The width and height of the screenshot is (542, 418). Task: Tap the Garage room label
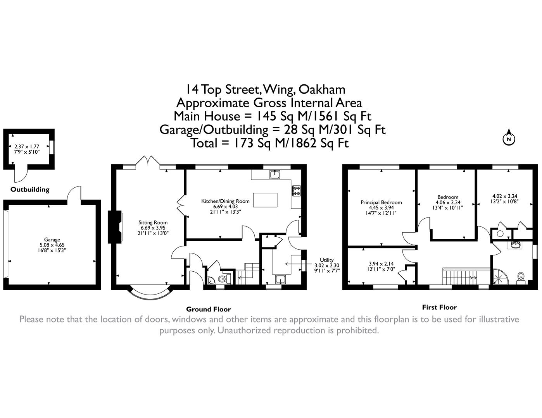[52, 240]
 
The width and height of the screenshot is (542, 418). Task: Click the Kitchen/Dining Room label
[225, 201]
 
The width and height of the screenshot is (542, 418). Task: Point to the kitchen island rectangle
[265, 200]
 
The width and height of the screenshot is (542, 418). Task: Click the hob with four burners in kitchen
[296, 190]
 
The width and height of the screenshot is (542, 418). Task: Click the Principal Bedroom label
[381, 202]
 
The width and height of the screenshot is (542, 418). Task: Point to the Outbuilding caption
[30, 190]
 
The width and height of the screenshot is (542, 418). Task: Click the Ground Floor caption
[208, 309]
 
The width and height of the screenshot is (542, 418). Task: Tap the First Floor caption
[439, 307]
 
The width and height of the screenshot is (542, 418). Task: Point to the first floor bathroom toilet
[521, 278]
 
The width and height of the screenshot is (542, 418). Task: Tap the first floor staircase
[460, 276]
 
